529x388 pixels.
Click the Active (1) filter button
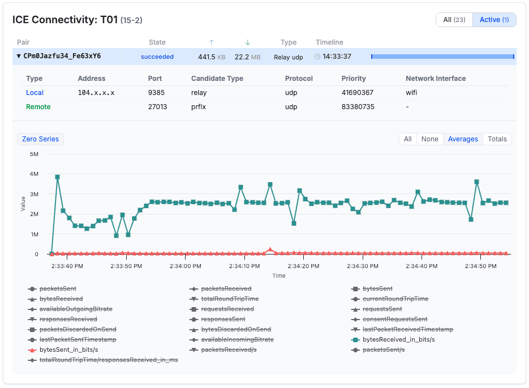[x=494, y=20]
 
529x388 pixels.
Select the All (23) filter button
[x=454, y=20]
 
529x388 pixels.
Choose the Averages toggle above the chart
[x=463, y=139]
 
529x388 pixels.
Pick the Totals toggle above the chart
[x=497, y=139]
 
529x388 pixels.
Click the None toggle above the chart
[x=429, y=139]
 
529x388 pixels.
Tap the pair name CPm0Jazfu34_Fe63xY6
[x=62, y=57]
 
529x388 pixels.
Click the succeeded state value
[x=157, y=57]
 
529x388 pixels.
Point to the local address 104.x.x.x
[x=96, y=93]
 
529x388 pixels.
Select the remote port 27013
[x=157, y=107]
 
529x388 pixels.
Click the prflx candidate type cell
[x=199, y=107]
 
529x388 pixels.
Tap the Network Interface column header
[x=436, y=79]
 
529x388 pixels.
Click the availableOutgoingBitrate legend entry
[x=76, y=309]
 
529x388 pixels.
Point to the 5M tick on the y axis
[x=33, y=154]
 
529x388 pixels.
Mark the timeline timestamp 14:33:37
[x=337, y=57]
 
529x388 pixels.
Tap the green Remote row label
[x=38, y=107]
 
